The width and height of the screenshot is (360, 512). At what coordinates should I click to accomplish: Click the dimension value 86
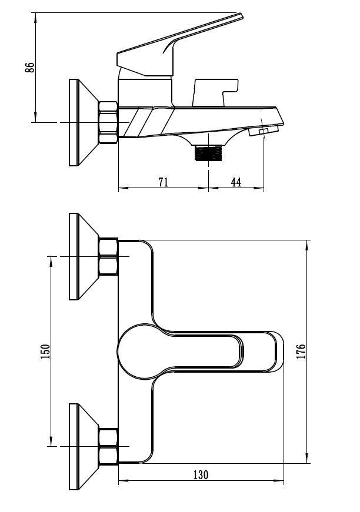click(x=30, y=67)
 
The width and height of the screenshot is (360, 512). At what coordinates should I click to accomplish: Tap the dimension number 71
click(x=164, y=182)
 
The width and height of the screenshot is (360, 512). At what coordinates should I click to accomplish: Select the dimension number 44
click(x=236, y=182)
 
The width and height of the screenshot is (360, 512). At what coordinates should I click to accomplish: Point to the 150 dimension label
click(x=45, y=352)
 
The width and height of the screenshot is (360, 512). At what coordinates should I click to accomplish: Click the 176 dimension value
click(x=301, y=352)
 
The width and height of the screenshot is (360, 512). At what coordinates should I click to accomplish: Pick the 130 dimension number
click(x=201, y=474)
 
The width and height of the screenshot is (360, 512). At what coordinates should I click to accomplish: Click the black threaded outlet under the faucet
click(x=208, y=153)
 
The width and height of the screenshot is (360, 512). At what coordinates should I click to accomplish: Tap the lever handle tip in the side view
click(x=240, y=16)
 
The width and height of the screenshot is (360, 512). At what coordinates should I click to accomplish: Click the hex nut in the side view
click(x=108, y=122)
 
